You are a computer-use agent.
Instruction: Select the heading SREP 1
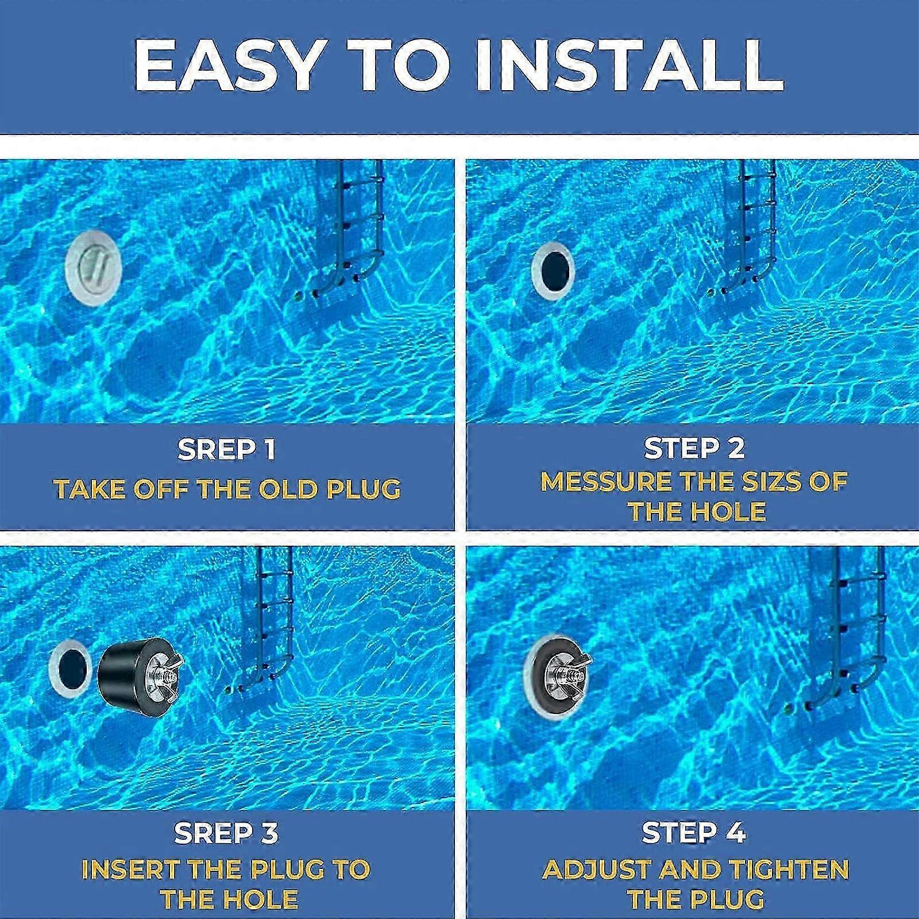point(226,449)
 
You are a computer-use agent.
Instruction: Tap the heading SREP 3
point(226,833)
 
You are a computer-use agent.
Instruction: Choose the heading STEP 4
point(694,832)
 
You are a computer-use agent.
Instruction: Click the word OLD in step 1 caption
point(287,489)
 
